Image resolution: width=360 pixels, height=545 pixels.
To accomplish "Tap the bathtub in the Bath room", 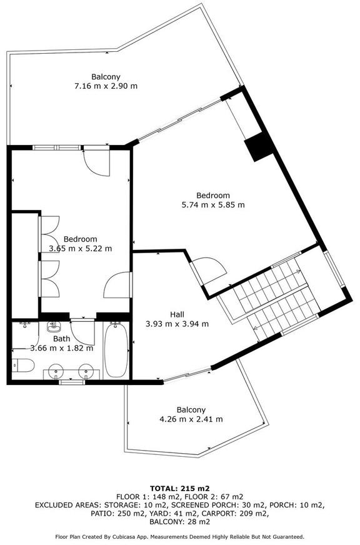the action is pos(116,351).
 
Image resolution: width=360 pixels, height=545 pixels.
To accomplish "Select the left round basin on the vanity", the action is pos(56,371).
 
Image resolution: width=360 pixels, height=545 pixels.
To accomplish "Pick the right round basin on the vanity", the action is pos(86,371).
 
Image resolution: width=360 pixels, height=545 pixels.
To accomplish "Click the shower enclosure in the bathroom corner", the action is pos(25,336).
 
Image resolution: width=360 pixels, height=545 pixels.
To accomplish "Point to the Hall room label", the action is pos(177,314).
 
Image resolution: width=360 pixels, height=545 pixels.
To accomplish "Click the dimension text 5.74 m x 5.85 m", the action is pos(213,205).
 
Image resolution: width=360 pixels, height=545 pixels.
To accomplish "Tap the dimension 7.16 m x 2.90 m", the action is pos(106,86).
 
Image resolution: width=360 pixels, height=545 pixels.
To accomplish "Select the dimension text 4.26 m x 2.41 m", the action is pos(191,419).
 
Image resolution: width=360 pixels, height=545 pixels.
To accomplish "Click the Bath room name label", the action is pos(61,339).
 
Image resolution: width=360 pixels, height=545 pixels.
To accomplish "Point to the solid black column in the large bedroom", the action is pos(259,147).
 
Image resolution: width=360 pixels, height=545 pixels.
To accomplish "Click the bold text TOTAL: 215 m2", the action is pos(179,488).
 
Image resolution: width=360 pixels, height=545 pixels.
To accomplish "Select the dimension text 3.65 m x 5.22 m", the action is pos(81,249).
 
